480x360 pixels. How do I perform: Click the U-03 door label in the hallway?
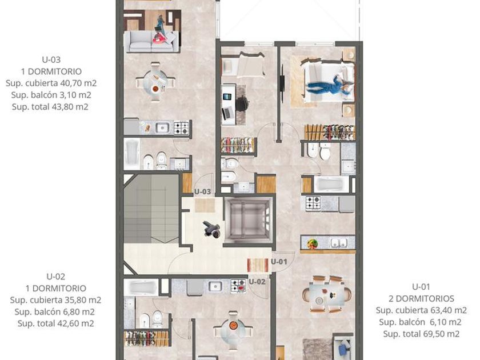tap(202, 191)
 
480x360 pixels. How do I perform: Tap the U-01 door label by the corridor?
tap(279, 262)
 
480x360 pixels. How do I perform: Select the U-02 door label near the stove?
tap(257, 282)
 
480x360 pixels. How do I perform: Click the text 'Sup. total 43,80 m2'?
tap(50, 107)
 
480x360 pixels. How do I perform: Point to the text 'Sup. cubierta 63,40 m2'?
tap(421, 310)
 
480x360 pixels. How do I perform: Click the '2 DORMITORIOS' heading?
tap(421, 298)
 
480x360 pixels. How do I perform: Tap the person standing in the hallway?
tap(212, 229)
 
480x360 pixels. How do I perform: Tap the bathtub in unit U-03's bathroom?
tap(132, 154)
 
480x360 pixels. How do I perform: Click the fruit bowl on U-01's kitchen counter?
tap(312, 244)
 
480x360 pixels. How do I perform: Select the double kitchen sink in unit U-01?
tap(338, 243)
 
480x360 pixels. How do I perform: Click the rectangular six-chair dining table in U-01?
tap(327, 294)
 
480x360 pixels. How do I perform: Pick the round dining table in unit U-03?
tap(156, 83)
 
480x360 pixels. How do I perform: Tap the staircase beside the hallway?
tap(151, 209)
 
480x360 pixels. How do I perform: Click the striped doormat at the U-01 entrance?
tap(258, 265)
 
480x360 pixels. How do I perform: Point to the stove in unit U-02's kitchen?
tap(238, 286)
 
